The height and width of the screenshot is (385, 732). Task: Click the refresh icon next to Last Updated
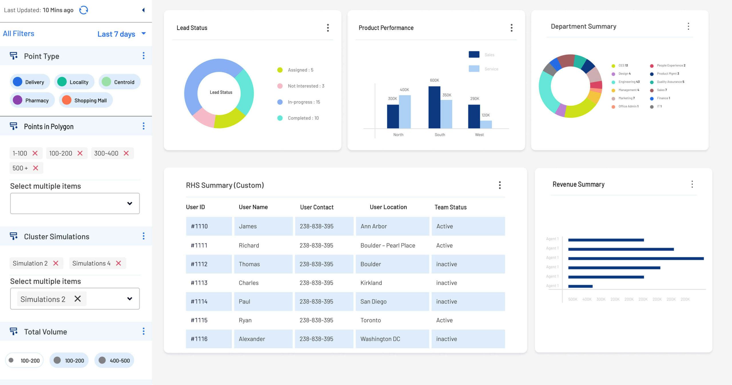coord(83,10)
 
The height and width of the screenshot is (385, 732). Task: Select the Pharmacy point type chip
coord(32,100)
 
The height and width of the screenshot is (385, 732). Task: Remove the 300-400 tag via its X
coord(126,153)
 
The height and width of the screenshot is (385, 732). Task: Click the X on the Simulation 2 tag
coord(56,263)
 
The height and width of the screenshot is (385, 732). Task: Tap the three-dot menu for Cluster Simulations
coord(144,236)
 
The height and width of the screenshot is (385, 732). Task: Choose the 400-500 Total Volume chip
coord(114,360)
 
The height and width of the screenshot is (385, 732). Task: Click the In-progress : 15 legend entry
coord(303,102)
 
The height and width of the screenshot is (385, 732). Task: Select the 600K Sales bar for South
coord(434,107)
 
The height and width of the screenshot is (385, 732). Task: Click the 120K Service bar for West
coord(486,125)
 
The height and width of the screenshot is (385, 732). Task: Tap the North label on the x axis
coord(398,135)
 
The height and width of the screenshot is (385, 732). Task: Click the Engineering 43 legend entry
coord(629,82)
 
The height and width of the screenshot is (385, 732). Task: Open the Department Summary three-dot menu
coord(688,26)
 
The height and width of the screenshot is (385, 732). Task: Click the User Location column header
coord(388,207)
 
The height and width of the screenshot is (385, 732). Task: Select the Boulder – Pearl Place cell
coord(388,245)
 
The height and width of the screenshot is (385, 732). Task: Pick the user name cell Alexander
coord(252,339)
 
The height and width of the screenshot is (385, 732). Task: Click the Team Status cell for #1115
coord(444,320)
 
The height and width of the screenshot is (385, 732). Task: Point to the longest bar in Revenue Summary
coord(636,258)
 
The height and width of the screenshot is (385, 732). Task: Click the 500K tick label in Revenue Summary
coord(572,299)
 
